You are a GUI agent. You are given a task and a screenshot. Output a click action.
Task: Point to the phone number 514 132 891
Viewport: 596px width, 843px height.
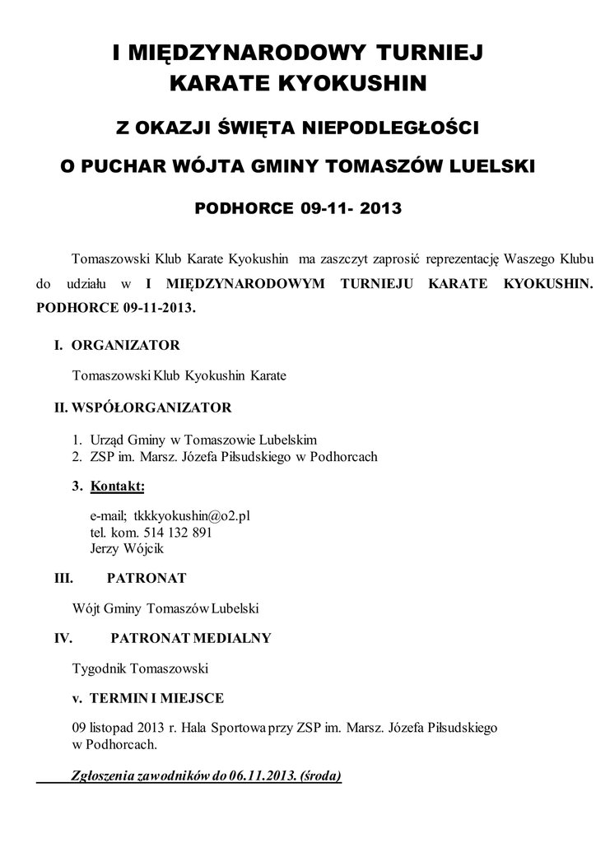pyautogui.click(x=179, y=532)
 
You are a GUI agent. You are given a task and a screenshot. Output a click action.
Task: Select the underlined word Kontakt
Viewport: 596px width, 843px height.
pyautogui.click(x=117, y=487)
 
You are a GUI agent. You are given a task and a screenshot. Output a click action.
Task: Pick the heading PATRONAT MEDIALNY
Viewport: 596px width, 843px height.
pyautogui.click(x=190, y=638)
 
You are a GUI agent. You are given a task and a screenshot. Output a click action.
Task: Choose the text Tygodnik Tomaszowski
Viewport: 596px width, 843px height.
pyautogui.click(x=140, y=667)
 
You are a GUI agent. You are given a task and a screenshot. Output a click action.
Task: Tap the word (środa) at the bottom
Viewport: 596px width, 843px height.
pyautogui.click(x=322, y=775)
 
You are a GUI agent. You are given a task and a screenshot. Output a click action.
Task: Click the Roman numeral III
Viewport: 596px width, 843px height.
pyautogui.click(x=64, y=579)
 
